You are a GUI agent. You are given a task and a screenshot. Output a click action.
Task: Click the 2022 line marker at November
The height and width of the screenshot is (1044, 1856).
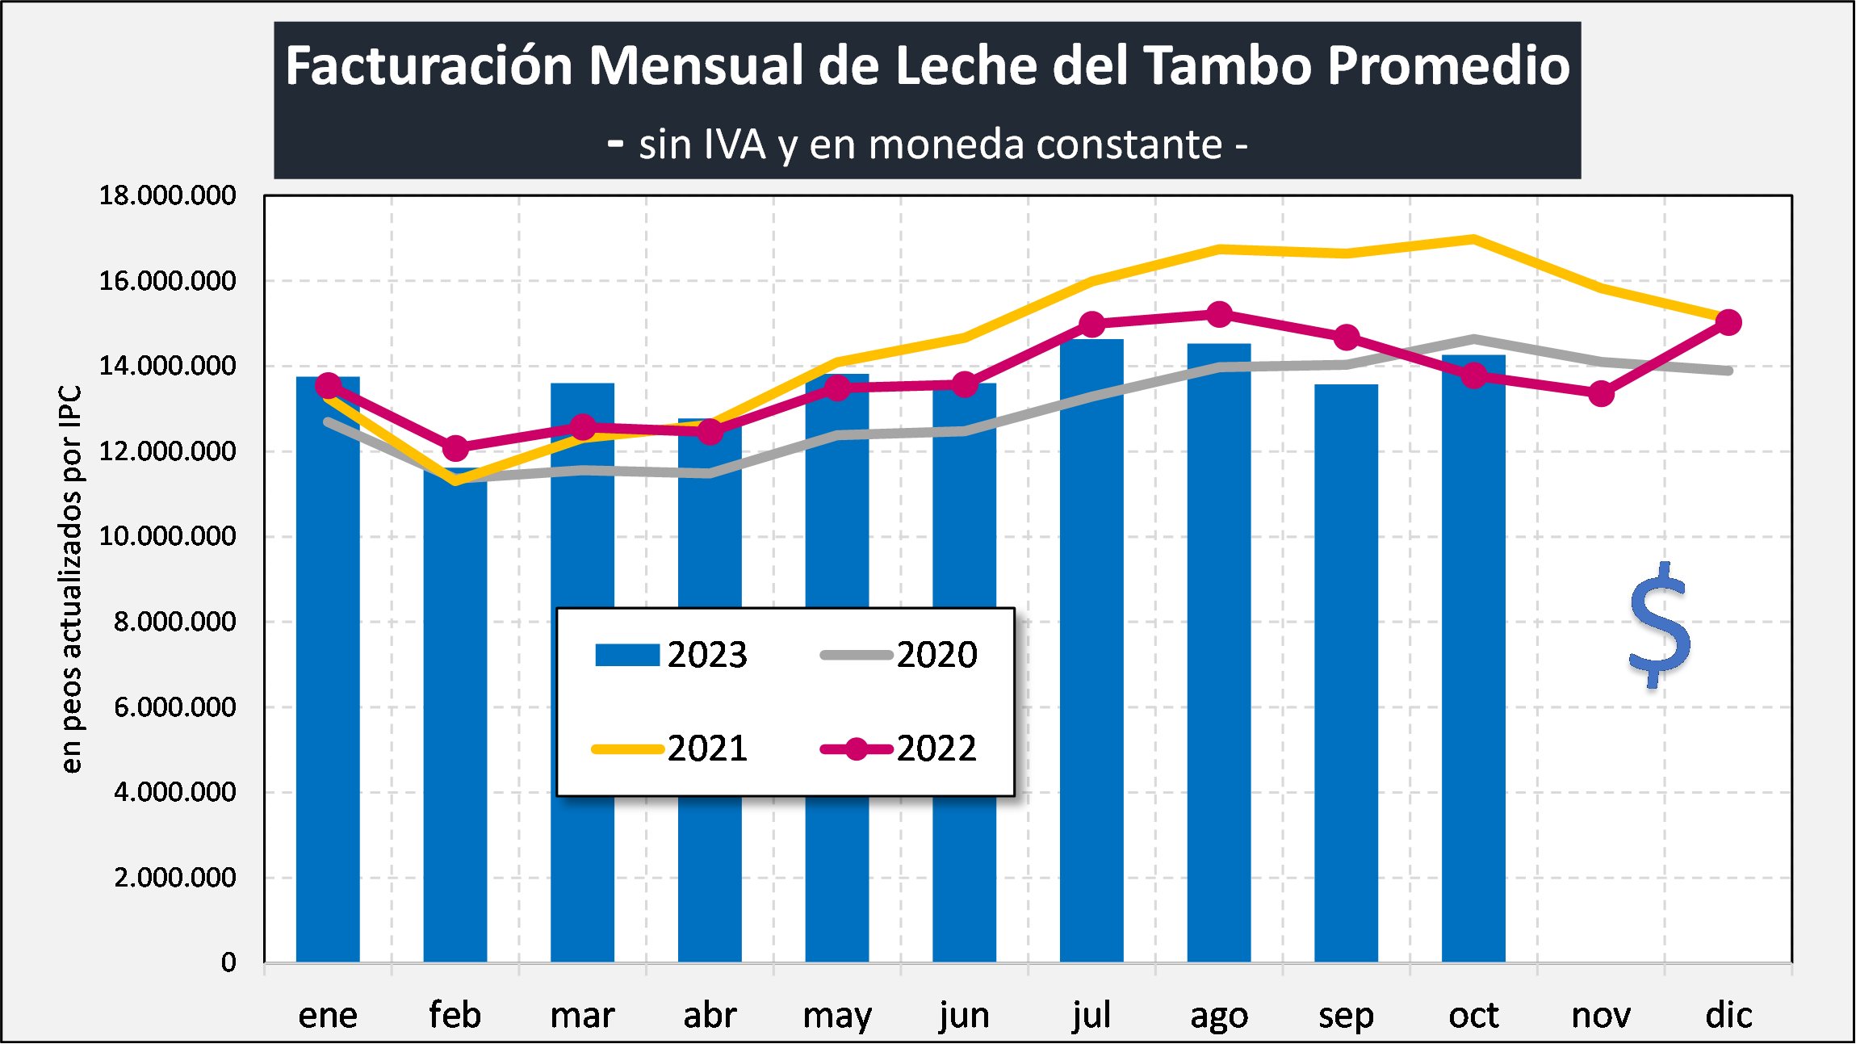click(1601, 394)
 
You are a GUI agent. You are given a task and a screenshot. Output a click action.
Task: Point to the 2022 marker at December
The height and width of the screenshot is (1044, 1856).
click(1728, 322)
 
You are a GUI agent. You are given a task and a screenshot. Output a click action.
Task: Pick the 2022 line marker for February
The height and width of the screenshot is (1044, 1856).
click(455, 447)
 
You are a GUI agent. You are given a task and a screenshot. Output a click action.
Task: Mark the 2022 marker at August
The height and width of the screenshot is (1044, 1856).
click(1219, 314)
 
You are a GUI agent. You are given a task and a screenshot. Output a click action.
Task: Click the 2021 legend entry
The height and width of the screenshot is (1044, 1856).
click(670, 748)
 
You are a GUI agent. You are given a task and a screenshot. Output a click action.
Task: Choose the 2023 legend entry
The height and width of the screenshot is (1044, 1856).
click(671, 655)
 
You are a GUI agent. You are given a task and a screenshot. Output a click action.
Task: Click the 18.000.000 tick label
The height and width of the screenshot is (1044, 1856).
click(167, 195)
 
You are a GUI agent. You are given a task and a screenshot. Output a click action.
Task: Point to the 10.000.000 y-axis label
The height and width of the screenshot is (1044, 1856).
click(167, 536)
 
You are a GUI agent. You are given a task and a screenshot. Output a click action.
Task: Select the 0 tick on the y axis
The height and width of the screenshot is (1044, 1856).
click(228, 962)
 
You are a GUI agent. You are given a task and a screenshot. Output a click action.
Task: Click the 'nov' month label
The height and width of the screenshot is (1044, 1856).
click(1601, 1015)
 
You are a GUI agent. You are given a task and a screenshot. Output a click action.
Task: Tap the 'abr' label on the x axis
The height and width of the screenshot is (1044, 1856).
click(710, 1015)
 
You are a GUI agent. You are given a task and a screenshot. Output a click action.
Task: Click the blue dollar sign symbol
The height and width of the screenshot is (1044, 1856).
click(1660, 626)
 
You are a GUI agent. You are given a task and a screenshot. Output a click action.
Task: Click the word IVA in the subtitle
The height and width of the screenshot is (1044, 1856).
click(735, 145)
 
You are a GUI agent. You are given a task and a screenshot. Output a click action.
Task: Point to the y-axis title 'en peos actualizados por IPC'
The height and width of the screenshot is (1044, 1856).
click(71, 579)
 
